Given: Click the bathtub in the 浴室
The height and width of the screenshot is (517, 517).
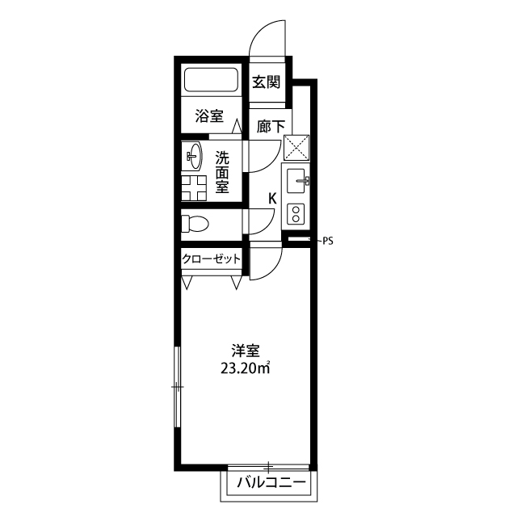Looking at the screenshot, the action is [211, 79].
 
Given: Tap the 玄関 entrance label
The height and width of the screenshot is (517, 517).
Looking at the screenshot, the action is [267, 82].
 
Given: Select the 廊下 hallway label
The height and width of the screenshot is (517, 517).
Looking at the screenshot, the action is [271, 127].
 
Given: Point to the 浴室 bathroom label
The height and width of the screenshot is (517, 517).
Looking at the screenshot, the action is [209, 116].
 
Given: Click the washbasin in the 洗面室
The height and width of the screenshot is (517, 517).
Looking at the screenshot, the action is [192, 156].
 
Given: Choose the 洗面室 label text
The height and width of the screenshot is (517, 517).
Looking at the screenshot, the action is [222, 172].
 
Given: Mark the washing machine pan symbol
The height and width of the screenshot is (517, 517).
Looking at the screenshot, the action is [194, 188].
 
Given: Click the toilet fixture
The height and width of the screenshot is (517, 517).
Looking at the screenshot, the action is [195, 224].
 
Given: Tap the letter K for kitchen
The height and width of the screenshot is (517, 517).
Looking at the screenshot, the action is [272, 199].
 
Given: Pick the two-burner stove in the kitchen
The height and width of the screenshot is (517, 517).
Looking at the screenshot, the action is [296, 214].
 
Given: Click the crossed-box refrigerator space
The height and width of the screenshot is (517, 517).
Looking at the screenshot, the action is [296, 147].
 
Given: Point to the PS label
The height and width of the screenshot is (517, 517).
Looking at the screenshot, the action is [328, 242].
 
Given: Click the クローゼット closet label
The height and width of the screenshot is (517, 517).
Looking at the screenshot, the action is [212, 258].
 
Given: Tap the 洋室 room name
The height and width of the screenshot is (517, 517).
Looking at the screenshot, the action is [246, 351].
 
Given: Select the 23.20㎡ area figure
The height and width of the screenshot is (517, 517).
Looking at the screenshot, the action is [246, 368].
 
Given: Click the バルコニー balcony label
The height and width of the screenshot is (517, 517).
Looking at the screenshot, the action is [271, 483].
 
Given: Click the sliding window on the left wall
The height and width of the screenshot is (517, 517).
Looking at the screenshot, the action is [178, 386].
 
